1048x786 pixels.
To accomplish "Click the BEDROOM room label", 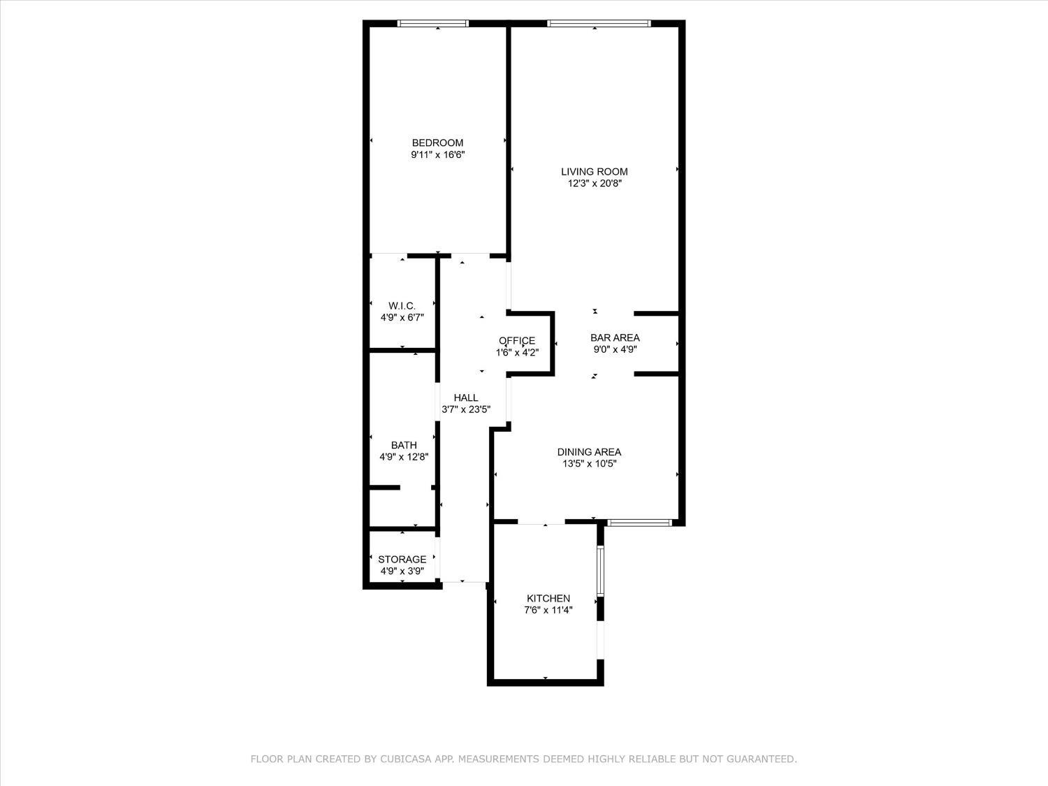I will (437, 143).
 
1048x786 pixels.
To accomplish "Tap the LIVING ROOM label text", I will (595, 171).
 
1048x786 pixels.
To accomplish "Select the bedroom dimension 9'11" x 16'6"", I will (437, 155).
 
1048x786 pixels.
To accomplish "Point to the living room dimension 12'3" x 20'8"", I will (595, 184).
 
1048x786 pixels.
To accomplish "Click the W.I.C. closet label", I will (402, 305).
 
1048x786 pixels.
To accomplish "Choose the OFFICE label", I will (517, 340).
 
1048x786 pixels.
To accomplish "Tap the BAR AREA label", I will (615, 337).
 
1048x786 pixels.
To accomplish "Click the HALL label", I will (466, 398).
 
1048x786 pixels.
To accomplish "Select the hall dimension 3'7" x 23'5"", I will (466, 410).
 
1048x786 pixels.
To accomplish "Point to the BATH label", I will (404, 445).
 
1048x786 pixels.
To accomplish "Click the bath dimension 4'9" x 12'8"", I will (404, 457).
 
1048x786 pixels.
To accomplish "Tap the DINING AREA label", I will (589, 451).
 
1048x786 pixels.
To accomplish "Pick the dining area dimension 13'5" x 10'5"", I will (589, 463).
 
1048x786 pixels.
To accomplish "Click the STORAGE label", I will (402, 559).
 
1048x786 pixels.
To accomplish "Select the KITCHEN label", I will (548, 598).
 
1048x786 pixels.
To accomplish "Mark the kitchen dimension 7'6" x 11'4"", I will (548, 610).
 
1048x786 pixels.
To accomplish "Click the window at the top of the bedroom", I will (433, 24).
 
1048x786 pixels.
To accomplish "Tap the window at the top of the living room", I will (599, 24).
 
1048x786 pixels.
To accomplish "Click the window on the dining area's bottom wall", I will (639, 522).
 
